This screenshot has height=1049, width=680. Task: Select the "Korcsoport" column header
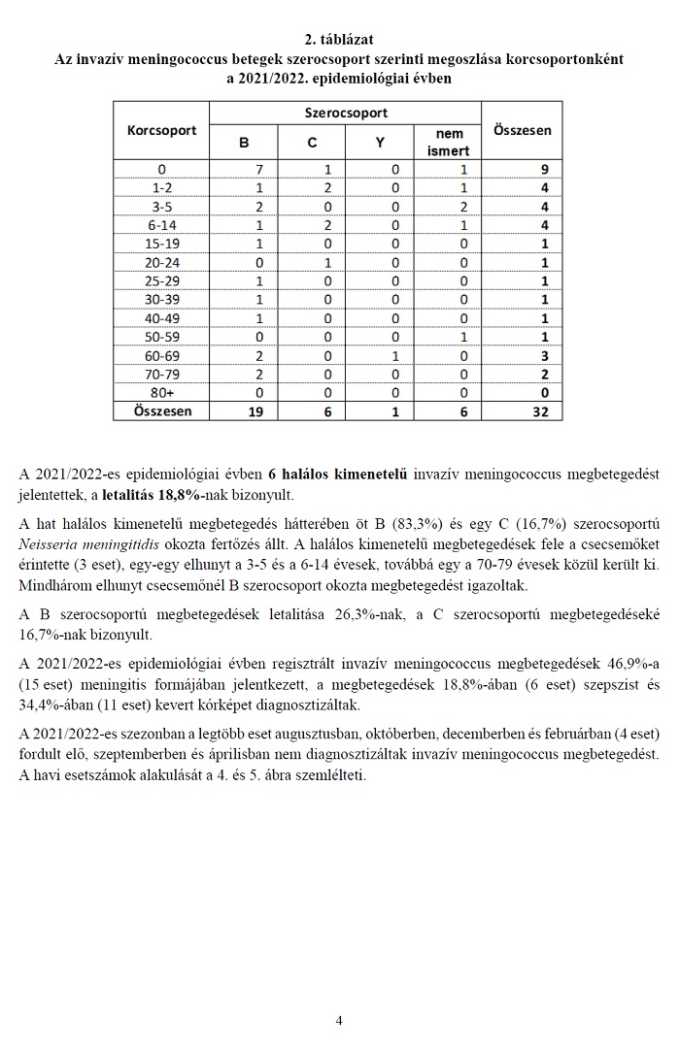[x=162, y=129]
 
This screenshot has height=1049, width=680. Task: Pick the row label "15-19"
[x=162, y=243]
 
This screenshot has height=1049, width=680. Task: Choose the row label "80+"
[x=162, y=392]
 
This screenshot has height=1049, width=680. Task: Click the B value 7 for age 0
[x=245, y=169]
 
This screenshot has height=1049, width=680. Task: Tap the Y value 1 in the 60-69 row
[x=394, y=355]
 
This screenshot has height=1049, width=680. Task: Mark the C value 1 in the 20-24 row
[x=313, y=262]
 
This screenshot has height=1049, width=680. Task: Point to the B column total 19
[x=245, y=411]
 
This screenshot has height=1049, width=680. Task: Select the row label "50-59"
[x=162, y=337]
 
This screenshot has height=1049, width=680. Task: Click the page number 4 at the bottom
[x=339, y=1020]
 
